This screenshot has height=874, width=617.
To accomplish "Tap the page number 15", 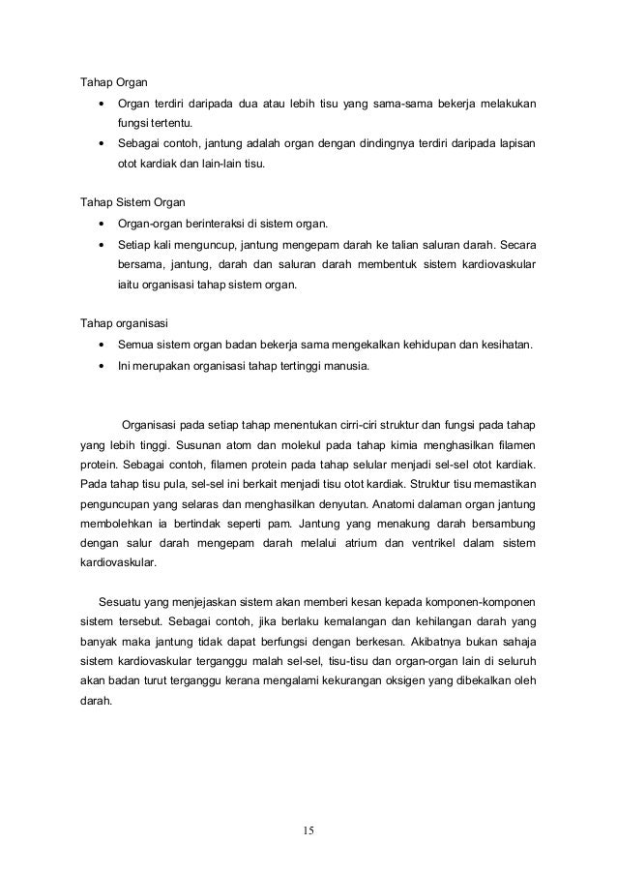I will pos(308,829).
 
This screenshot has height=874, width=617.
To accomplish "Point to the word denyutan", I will pos(329,504).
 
